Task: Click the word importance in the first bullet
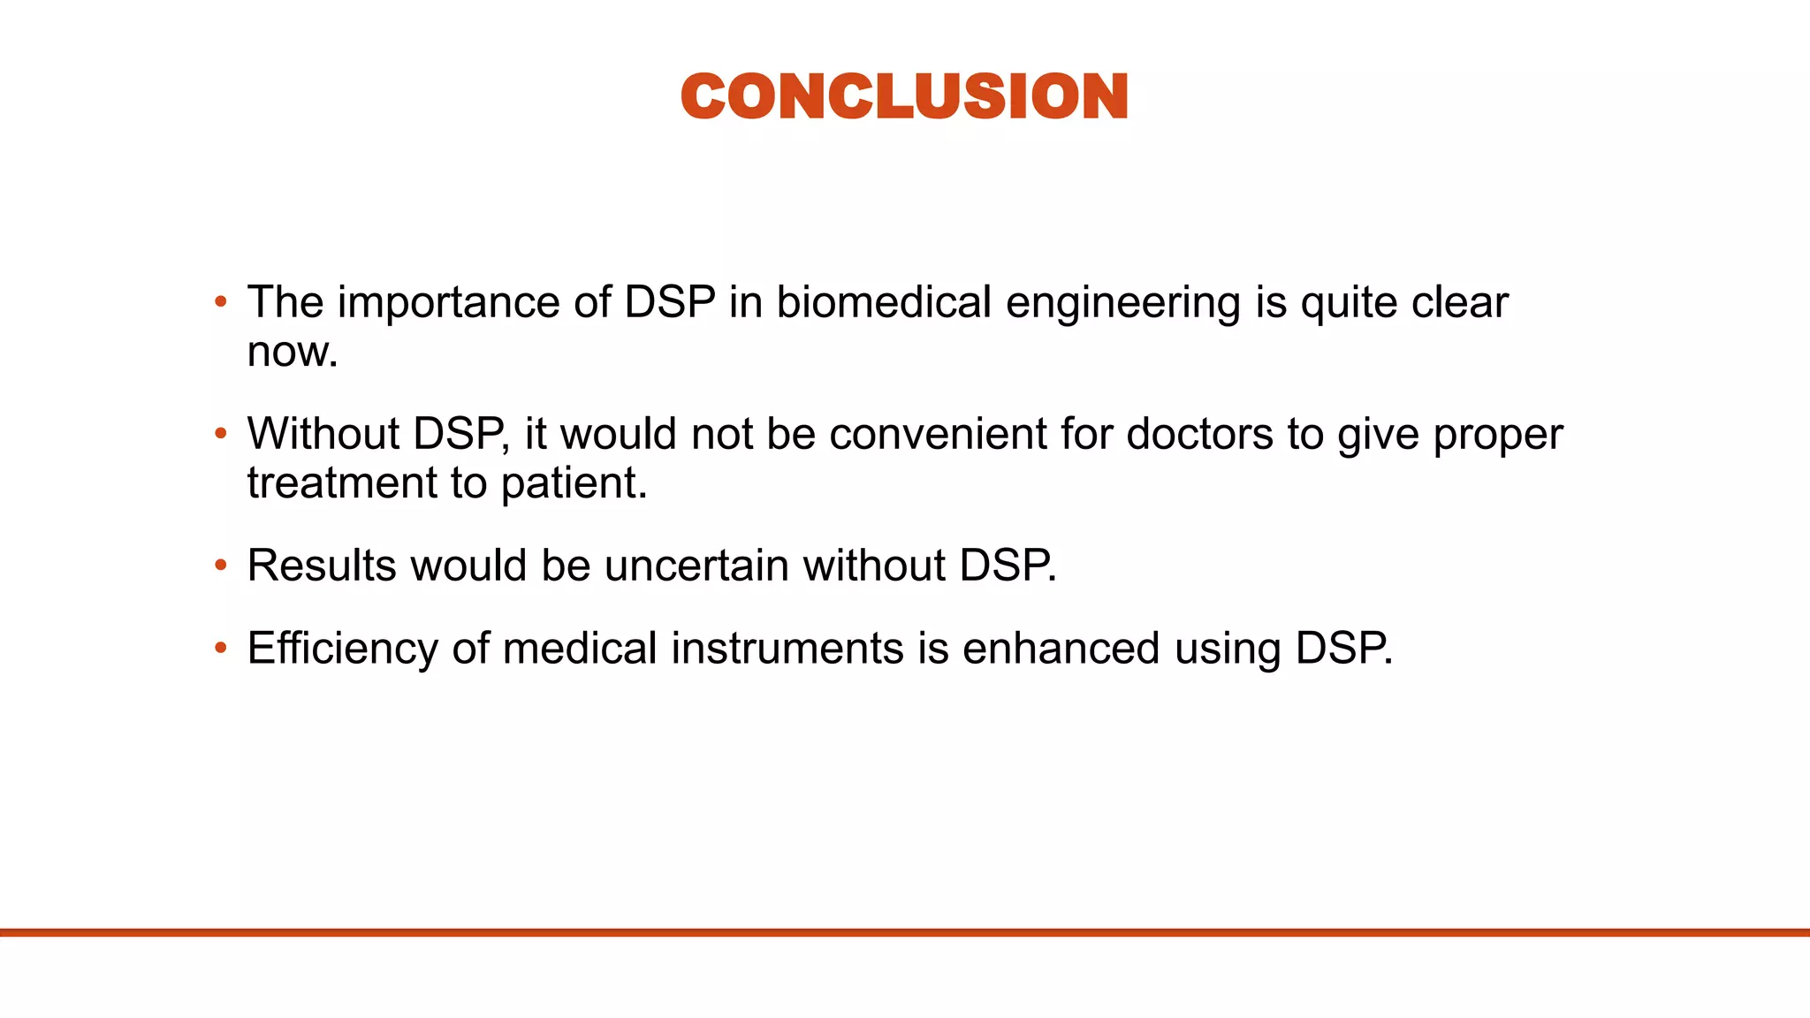coord(448,302)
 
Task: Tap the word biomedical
coord(884,302)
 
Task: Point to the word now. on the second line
coord(293,353)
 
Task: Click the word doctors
coord(1199,434)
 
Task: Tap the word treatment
coord(342,483)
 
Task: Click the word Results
coord(321,566)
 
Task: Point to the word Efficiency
coord(342,648)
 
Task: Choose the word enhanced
coord(1061,648)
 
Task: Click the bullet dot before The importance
coord(221,302)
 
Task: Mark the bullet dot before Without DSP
coord(221,434)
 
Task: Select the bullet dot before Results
coord(221,566)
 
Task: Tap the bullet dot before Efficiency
coord(221,648)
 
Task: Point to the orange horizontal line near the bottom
coord(905,932)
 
